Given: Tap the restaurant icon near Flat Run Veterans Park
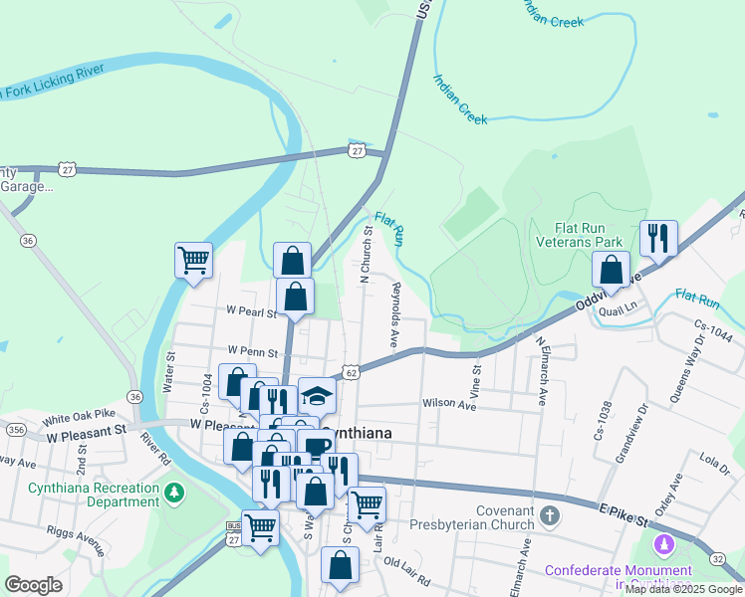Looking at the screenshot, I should (x=658, y=238).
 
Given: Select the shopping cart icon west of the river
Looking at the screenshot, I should (x=193, y=261).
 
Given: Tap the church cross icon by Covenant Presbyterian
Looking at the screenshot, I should (x=551, y=516).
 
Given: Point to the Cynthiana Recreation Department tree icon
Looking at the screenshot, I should (x=174, y=492).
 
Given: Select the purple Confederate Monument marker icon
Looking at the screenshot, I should (x=663, y=544).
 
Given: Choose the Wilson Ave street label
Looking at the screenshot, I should (x=450, y=404).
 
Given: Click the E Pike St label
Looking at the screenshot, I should (x=623, y=517).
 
